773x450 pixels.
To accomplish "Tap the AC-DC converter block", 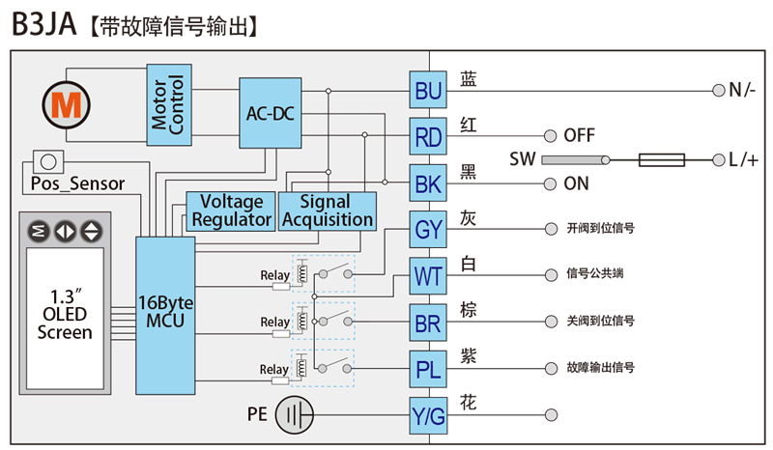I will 270,114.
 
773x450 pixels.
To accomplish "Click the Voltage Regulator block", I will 230,211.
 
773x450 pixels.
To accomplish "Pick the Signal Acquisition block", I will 327,211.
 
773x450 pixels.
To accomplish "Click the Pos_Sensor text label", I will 76,183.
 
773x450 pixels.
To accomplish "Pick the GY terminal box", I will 428,230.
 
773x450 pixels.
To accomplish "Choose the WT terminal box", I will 428,276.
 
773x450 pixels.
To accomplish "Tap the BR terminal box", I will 428,323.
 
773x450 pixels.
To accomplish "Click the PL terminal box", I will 428,369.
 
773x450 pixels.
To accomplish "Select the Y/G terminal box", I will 428,415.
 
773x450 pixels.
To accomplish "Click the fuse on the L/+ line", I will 664,160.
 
